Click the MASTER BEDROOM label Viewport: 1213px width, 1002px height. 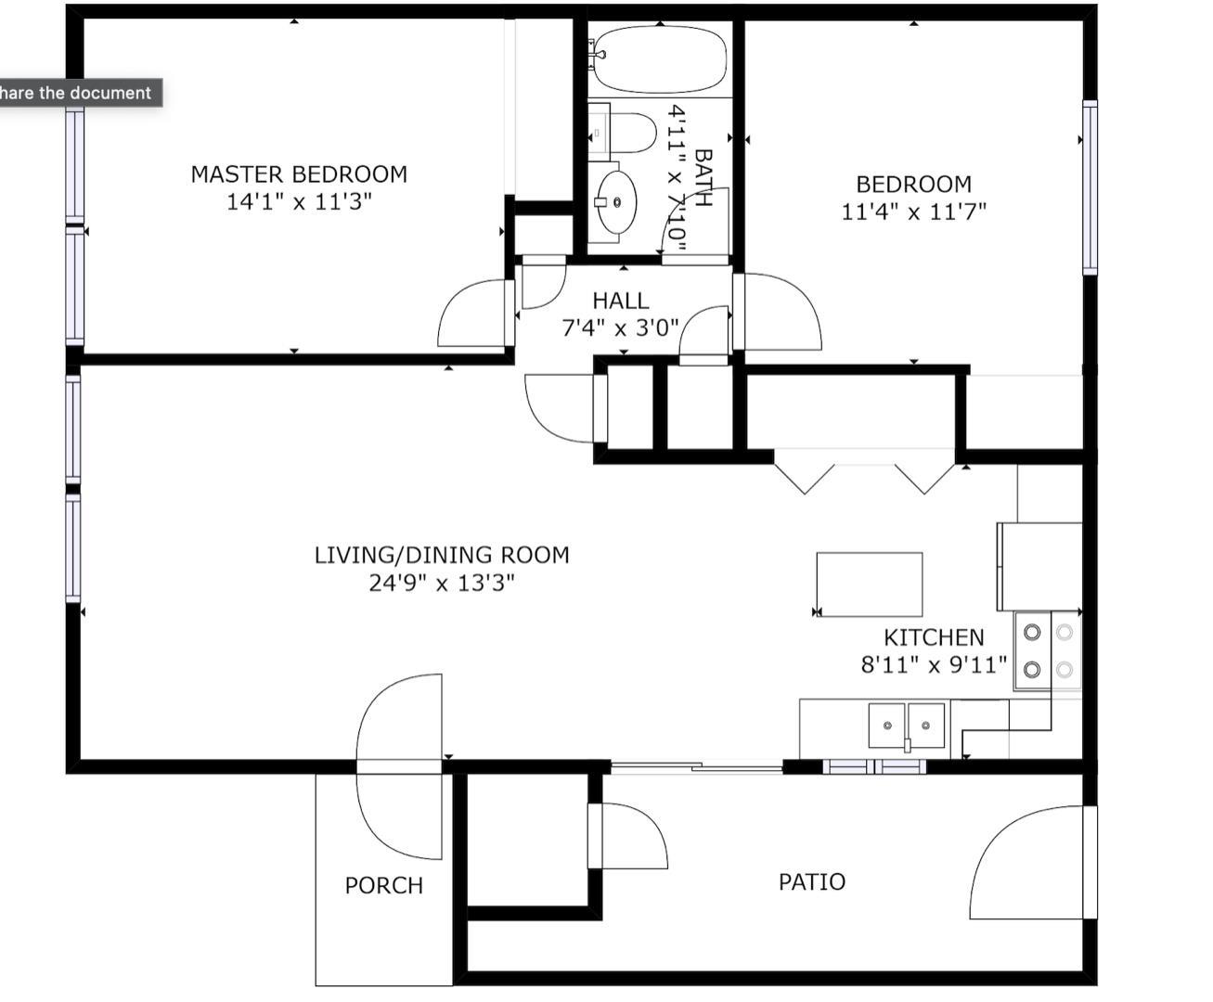[x=299, y=174]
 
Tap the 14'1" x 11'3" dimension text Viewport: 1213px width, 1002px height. [x=299, y=202]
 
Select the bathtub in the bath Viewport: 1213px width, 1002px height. [x=660, y=59]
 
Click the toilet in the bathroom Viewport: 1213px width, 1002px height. [x=622, y=133]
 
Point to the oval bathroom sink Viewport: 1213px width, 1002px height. [x=617, y=202]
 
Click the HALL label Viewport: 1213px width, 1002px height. [x=621, y=301]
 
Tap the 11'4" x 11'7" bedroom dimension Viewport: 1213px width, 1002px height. [x=914, y=212]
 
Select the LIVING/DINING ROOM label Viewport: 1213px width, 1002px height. [x=442, y=556]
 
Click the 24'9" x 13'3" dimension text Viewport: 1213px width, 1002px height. [x=442, y=583]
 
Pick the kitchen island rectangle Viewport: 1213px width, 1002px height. [x=870, y=584]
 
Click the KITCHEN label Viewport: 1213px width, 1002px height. [x=935, y=637]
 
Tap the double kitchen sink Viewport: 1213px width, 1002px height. [x=906, y=726]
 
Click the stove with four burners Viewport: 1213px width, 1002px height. [x=1048, y=650]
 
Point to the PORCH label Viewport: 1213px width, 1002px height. [x=384, y=886]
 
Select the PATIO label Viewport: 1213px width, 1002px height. [x=812, y=882]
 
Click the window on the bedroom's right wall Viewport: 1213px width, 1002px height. [x=1090, y=187]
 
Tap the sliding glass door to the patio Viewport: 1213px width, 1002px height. [x=697, y=767]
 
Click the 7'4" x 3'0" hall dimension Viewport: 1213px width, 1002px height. [x=621, y=328]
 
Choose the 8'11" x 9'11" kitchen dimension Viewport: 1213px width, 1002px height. [x=935, y=665]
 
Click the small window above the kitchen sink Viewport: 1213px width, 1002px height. [x=874, y=766]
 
